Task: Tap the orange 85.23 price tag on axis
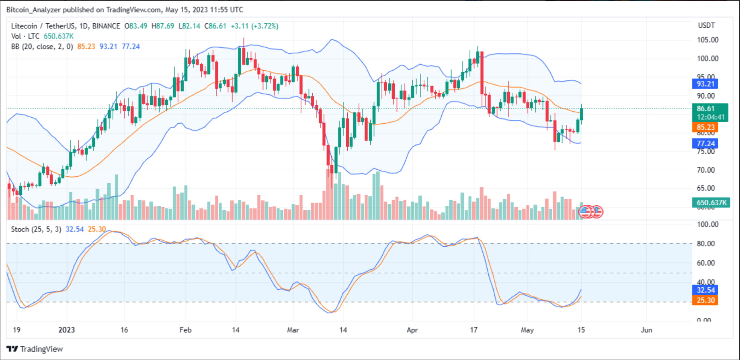pos(705,127)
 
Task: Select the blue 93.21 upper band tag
pos(705,84)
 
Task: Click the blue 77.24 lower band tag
pos(705,143)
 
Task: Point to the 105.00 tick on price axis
pos(707,40)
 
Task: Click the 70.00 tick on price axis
pos(706,170)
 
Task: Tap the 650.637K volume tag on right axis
pos(711,202)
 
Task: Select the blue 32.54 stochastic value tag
pos(705,290)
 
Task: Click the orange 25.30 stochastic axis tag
pos(705,300)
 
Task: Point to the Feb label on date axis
pos(185,330)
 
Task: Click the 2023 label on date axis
pos(66,330)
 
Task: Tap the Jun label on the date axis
pos(646,330)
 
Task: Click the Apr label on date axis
pos(412,330)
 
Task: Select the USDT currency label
pos(706,25)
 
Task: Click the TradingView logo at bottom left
pos(35,349)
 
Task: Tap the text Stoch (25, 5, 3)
pos(36,229)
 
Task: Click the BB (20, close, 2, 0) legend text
pos(42,47)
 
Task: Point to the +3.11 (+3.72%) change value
pos(254,26)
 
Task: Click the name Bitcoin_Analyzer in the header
pos(33,10)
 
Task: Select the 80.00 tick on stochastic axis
pos(706,243)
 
